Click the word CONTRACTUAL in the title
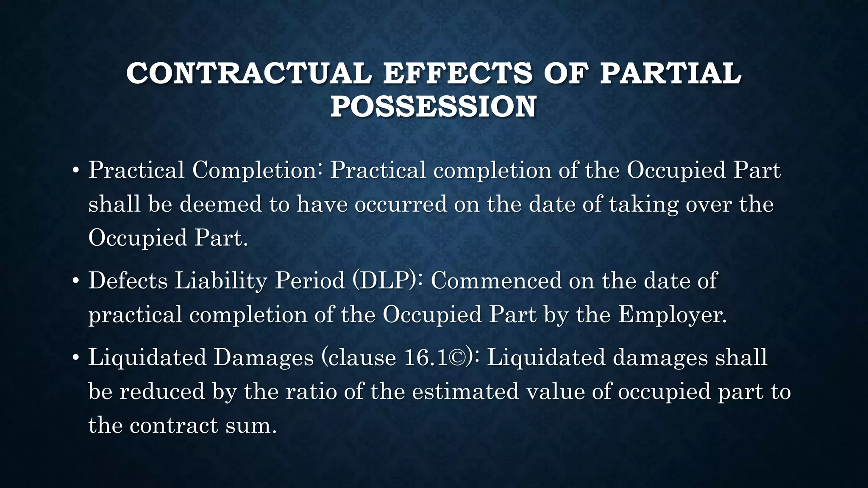click(249, 73)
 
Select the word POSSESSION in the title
click(433, 106)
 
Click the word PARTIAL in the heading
click(670, 73)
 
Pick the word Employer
click(672, 315)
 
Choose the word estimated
click(465, 391)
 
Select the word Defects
click(128, 281)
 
